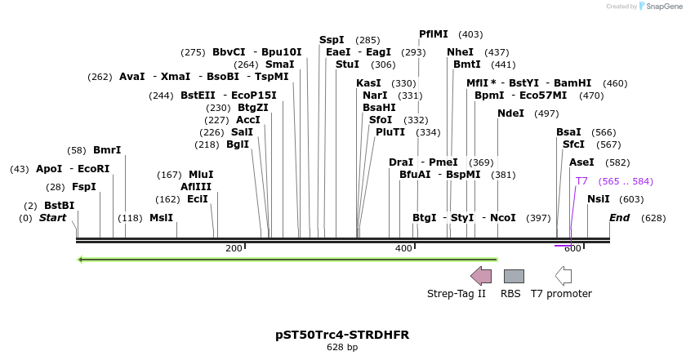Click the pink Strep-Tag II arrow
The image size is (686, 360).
pos(481,275)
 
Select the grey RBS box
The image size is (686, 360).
pos(514,276)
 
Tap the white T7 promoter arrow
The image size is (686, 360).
pos(563,275)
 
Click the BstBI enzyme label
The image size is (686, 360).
pos(59,205)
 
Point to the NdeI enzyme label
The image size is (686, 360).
pos(510,113)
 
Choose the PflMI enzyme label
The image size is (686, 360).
pos(434,34)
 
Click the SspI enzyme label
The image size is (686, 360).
pos(332,39)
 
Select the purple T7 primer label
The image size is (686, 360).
pos(581,180)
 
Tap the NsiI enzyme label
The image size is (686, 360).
pos(599,198)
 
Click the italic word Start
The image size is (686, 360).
pos(52,218)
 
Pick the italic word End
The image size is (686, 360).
pos(619,218)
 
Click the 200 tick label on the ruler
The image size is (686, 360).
pos(234,248)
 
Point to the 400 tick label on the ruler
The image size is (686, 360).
pos(403,248)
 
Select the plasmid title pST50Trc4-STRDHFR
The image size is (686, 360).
pos(342,335)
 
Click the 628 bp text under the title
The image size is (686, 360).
pos(342,348)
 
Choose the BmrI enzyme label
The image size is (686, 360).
pos(107,150)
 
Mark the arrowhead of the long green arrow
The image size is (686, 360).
pos(81,260)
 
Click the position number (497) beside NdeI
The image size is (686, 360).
pos(546,113)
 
